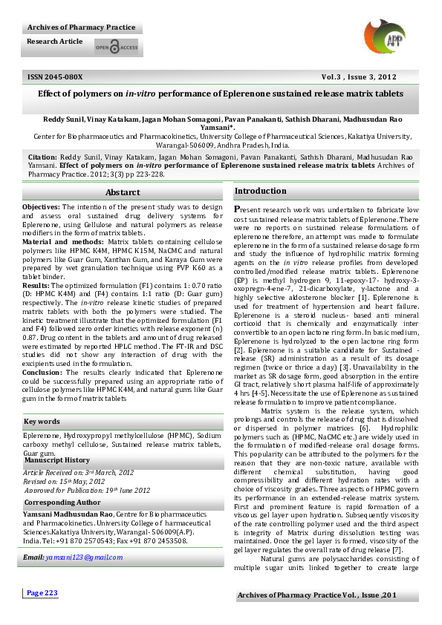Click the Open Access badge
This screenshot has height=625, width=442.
point(116,48)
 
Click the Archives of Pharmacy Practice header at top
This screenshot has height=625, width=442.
point(82,27)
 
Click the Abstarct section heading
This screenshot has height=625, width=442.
point(122,192)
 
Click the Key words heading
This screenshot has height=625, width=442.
point(42,422)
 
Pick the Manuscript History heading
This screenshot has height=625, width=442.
point(57,460)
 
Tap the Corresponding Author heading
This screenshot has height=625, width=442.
point(62,503)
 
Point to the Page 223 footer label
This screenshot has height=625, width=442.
point(42,613)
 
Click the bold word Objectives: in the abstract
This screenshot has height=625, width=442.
point(41,206)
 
